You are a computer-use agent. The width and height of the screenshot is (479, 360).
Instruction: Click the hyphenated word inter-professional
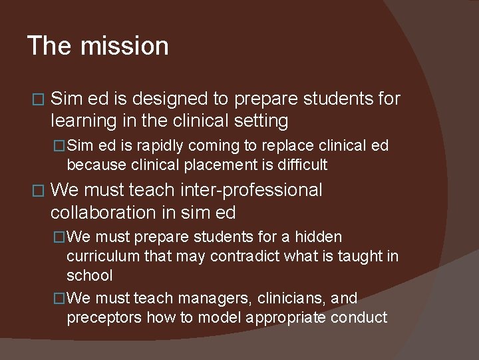pyautogui.click(x=251, y=191)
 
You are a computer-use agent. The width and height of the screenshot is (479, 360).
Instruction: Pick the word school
pyautogui.click(x=89, y=275)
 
